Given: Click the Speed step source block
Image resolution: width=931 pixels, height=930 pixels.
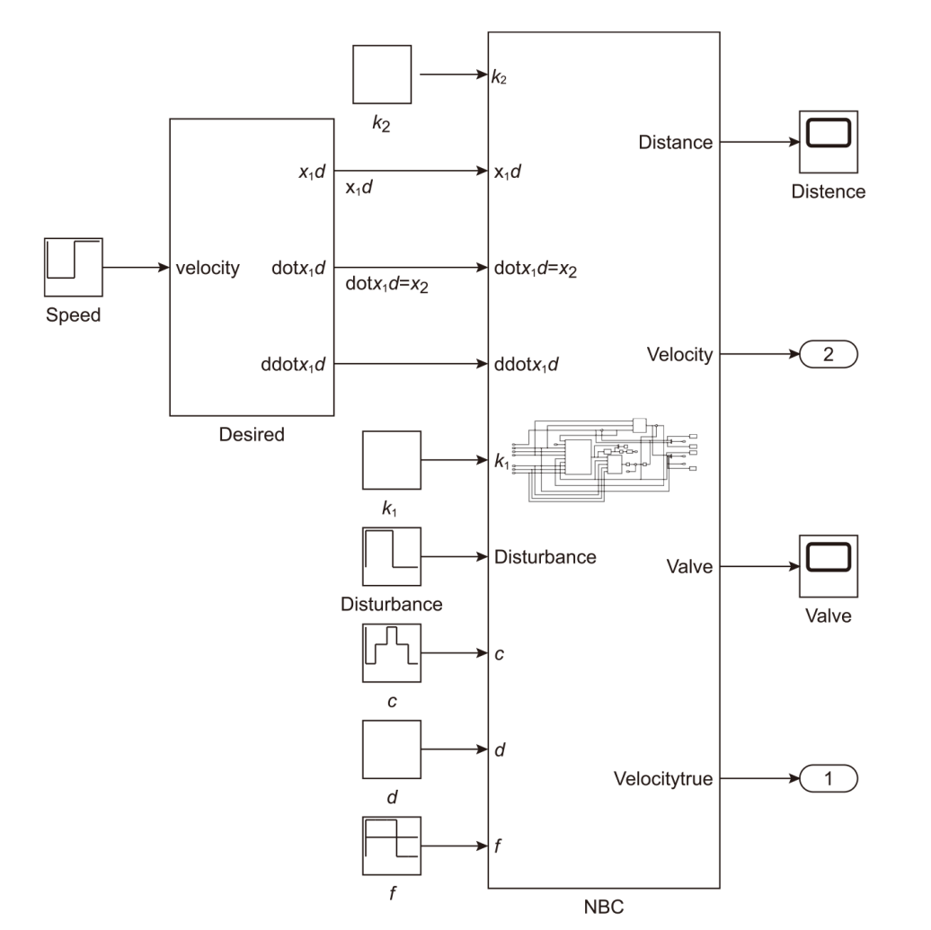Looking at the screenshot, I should (x=74, y=267).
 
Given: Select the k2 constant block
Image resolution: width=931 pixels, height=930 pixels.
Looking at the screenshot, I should (x=382, y=76).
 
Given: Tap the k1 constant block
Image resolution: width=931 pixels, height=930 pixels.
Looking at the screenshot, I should (x=391, y=461).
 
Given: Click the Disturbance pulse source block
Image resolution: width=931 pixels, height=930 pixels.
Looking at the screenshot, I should (x=391, y=557).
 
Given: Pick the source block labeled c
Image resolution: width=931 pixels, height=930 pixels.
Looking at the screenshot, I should (x=391, y=653).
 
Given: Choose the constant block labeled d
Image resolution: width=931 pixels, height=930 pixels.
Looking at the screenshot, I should (x=391, y=749).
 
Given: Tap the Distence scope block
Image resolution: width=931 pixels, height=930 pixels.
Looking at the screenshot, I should (x=828, y=141).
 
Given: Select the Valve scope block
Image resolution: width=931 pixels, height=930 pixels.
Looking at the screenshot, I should (x=828, y=566).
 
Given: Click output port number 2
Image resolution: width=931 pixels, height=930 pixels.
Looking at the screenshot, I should (x=828, y=354).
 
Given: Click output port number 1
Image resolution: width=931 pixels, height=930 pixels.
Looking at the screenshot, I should (x=828, y=778).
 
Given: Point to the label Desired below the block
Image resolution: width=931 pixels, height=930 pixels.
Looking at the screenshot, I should (x=252, y=436).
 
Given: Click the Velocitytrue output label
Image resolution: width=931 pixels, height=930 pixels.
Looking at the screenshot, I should (x=663, y=778).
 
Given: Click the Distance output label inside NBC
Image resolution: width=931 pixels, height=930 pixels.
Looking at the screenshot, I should (x=675, y=142).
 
